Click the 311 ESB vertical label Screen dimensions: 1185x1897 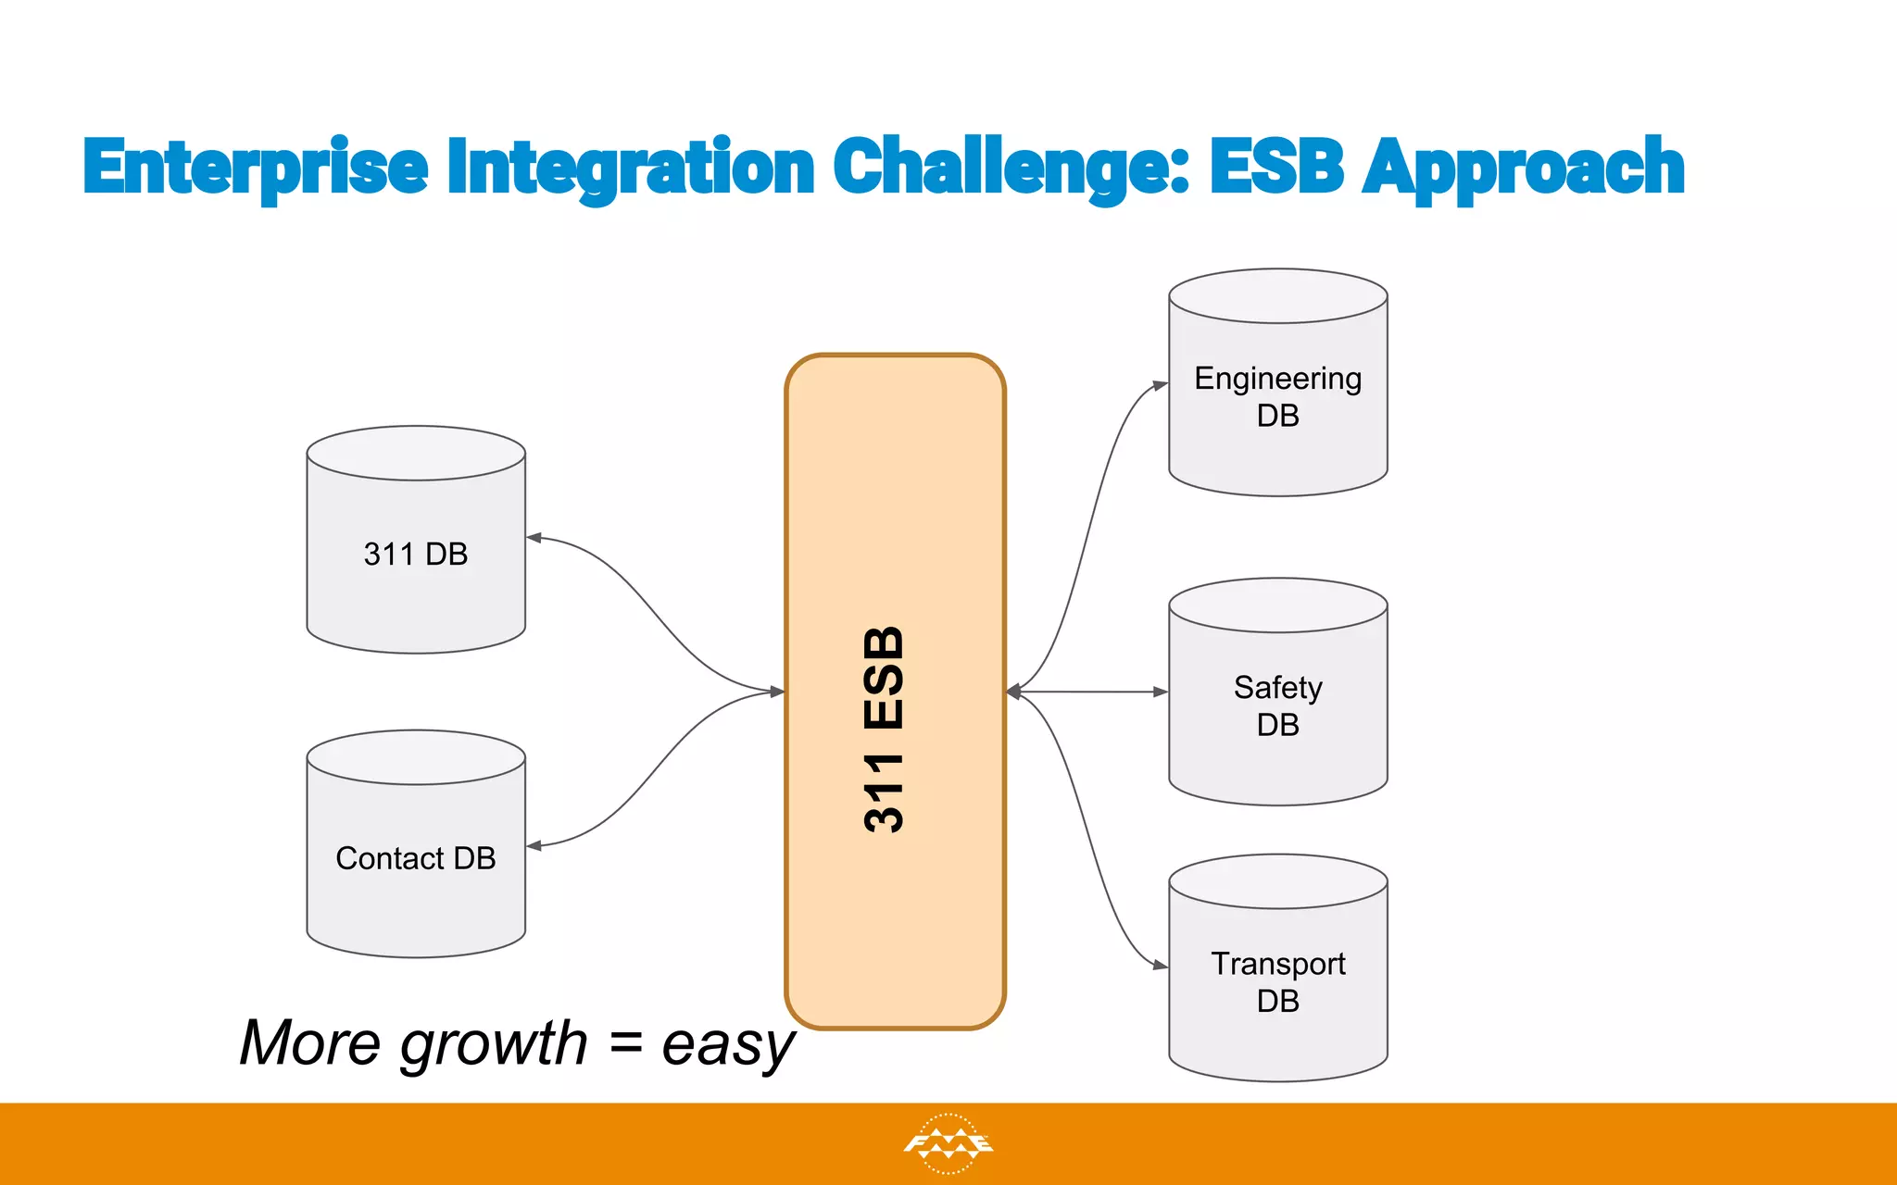(885, 730)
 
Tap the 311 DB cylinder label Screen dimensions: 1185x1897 (416, 554)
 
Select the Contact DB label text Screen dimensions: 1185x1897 (416, 858)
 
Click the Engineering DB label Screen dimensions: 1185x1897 (1277, 396)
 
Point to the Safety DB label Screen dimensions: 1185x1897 (1277, 705)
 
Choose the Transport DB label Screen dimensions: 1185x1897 (1277, 981)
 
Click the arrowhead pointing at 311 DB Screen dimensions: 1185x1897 (534, 537)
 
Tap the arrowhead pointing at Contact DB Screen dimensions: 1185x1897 (534, 845)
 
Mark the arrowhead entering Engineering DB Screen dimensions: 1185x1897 (1160, 384)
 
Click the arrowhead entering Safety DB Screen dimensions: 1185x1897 (1160, 692)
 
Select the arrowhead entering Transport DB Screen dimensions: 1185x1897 (1160, 966)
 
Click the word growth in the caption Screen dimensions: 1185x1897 (494, 1044)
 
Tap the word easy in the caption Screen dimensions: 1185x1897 (728, 1044)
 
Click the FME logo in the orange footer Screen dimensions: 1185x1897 (948, 1144)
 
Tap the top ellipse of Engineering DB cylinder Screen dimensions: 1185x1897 (1277, 296)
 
